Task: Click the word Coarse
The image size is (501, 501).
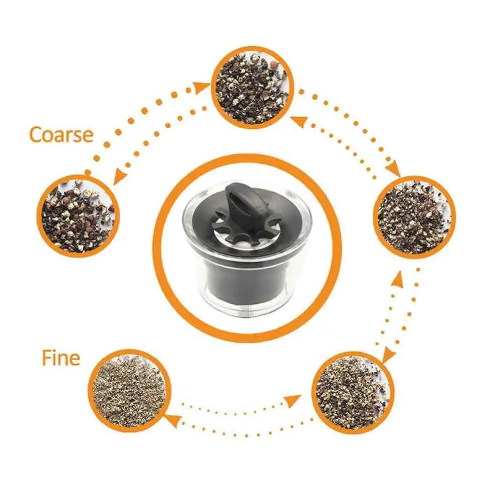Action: pyautogui.click(x=61, y=135)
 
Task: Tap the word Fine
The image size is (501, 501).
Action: pyautogui.click(x=61, y=358)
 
